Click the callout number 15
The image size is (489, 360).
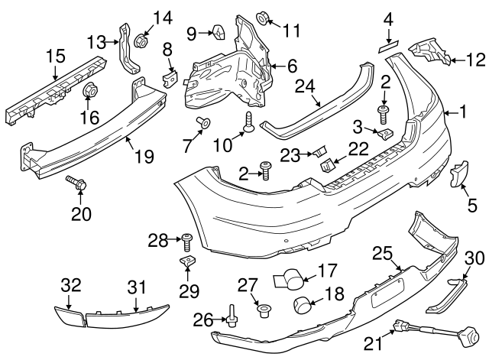(x=56, y=56)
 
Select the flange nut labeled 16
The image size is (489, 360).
(x=89, y=90)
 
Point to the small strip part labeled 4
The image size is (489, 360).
(x=389, y=47)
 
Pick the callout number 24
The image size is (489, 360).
(x=305, y=86)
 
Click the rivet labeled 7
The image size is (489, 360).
(x=203, y=122)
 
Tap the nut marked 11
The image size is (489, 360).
(x=263, y=18)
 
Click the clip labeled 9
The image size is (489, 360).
(x=219, y=32)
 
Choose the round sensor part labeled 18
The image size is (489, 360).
(x=302, y=305)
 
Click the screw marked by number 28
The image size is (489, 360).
(x=186, y=242)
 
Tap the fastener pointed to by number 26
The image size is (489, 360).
(x=232, y=316)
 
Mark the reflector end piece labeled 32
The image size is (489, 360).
(x=70, y=316)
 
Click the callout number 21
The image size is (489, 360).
(x=373, y=344)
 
